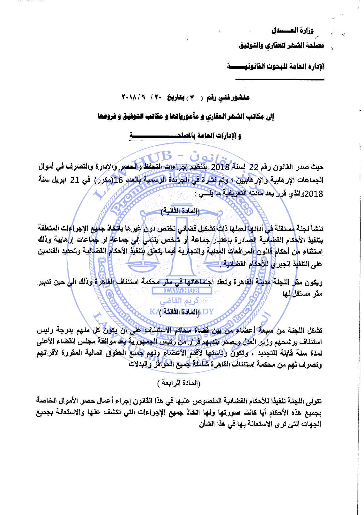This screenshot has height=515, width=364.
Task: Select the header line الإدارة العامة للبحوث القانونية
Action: pyautogui.click(x=276, y=66)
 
